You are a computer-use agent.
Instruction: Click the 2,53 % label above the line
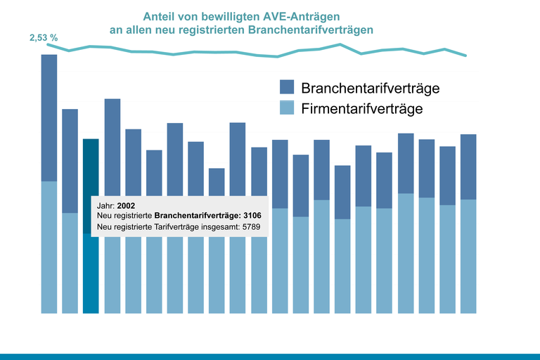point(44,37)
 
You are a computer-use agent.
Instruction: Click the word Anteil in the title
point(159,16)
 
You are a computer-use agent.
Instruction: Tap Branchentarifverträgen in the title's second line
point(313,30)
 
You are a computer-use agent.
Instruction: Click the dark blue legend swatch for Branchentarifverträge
point(287,87)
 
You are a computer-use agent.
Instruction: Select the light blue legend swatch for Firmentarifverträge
point(287,108)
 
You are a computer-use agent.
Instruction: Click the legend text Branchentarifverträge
point(370,88)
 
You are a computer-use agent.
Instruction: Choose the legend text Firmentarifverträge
point(361,109)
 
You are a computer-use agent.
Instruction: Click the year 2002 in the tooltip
point(126,205)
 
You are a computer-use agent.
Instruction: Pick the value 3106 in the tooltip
point(251,216)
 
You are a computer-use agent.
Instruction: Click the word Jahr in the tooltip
point(105,205)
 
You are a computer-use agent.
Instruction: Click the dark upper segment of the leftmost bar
point(49,117)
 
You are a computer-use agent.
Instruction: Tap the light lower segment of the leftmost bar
point(49,247)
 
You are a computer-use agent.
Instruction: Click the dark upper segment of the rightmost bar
point(468,167)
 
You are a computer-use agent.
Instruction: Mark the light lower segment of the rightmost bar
point(468,256)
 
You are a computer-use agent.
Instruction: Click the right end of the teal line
point(465,55)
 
